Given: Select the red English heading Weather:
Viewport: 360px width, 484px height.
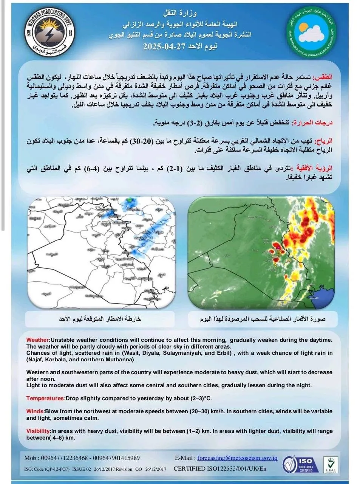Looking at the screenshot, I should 38,340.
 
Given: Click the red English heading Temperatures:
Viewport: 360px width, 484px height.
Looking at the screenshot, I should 45,398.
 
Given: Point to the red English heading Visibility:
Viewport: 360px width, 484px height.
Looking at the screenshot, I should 39,431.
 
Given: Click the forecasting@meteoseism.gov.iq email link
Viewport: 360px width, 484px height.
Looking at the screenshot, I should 237,458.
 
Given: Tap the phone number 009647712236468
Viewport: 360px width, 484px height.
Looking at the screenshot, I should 62,458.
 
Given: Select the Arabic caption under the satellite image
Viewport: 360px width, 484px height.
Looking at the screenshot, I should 263,319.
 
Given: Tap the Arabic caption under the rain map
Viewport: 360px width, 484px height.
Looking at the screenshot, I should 100,319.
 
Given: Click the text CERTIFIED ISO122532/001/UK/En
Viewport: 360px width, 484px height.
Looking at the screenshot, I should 220,469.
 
